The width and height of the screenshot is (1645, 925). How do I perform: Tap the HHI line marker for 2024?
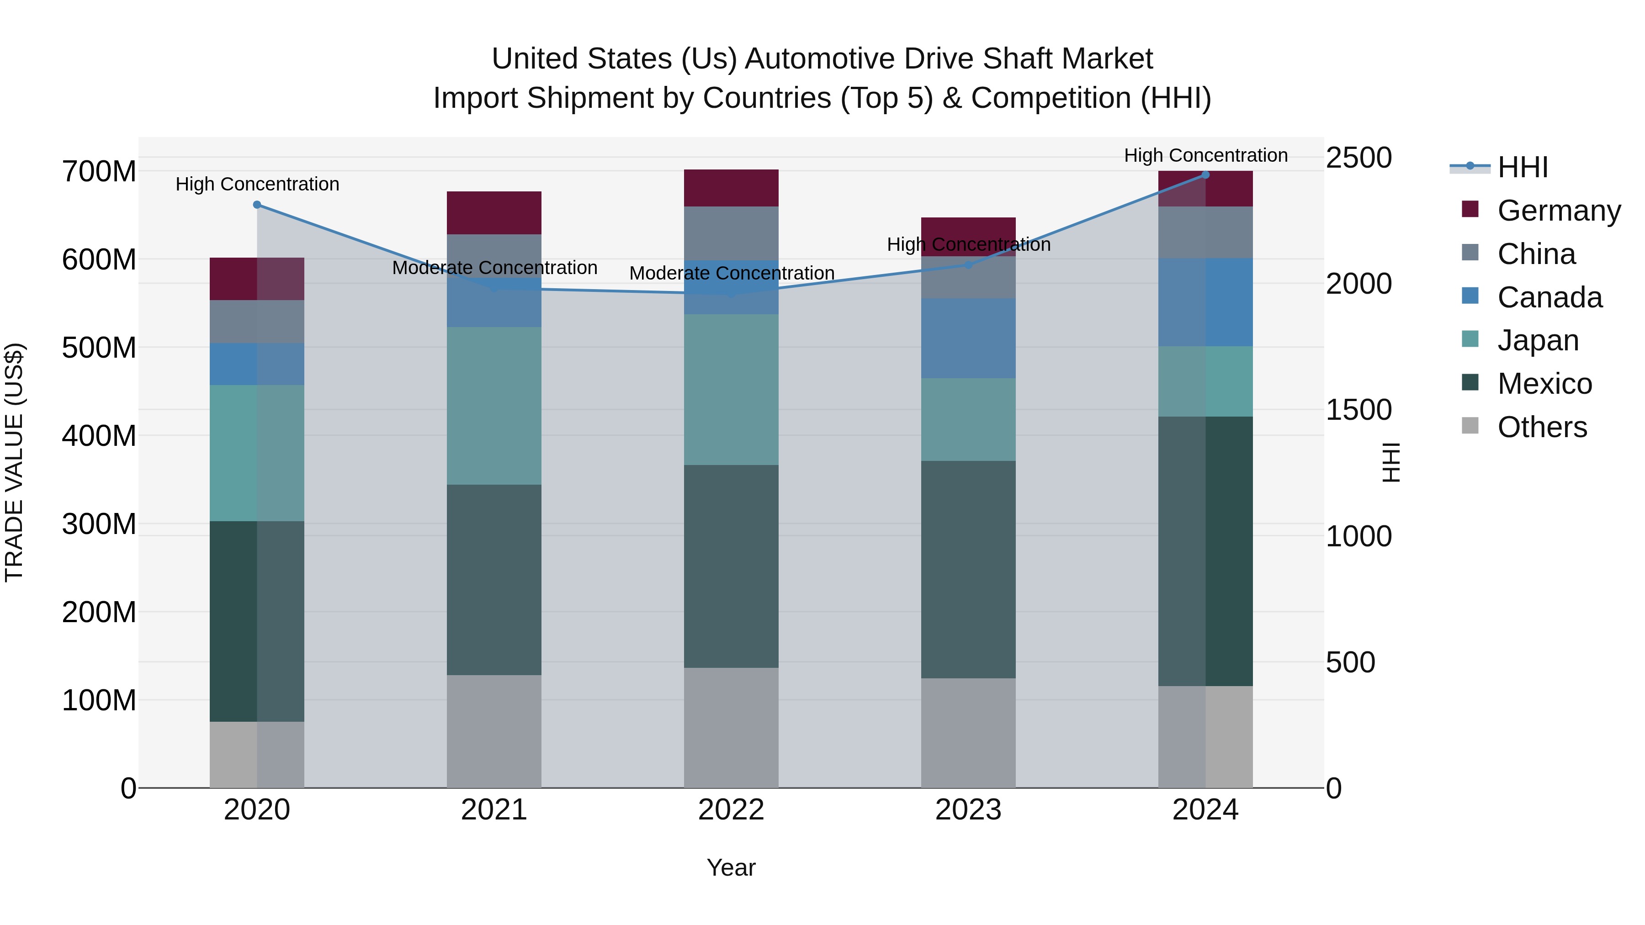pos(1205,175)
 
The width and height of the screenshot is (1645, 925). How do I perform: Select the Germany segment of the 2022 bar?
pos(731,188)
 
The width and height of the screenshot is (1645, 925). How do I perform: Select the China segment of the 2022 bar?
pos(731,233)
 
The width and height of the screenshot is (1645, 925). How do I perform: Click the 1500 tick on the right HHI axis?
pos(1358,410)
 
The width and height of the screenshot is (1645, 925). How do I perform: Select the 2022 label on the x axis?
pos(731,810)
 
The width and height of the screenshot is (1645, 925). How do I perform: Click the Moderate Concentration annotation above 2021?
pos(494,268)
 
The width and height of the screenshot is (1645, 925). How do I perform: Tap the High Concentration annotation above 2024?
pos(1205,155)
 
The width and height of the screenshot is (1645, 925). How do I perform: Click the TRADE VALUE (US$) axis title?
pos(14,462)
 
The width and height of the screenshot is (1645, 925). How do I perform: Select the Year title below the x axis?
pos(731,867)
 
